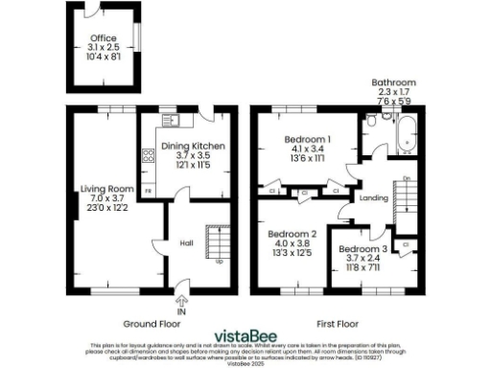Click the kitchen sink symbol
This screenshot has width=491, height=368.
tap(173, 121)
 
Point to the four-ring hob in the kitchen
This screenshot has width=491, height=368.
tap(149, 154)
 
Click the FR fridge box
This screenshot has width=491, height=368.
tap(148, 192)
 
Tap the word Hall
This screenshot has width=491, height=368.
tap(187, 242)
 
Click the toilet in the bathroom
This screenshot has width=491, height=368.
tap(372, 121)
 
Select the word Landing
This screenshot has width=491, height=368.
tap(373, 198)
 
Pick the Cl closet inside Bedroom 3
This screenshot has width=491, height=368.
tap(407, 246)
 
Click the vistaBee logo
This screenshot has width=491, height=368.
tap(245, 333)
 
